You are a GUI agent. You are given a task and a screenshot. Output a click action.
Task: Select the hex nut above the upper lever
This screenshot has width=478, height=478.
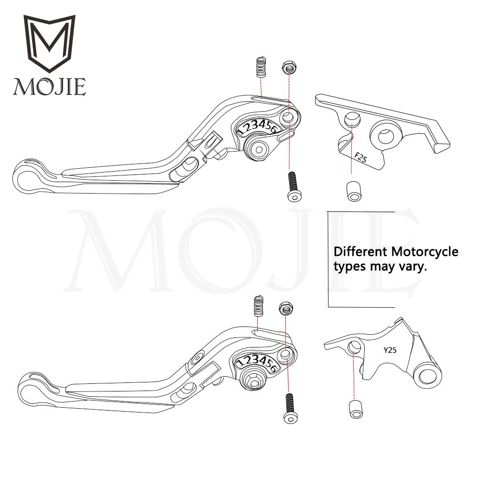pos(288,66)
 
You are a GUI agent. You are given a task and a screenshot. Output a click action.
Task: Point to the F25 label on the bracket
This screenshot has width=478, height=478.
pos(360,157)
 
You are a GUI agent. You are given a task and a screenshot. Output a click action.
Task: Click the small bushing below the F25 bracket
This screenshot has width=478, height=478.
pos(352,190)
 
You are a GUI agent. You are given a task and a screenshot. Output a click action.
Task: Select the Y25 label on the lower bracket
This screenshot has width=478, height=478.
pos(390,349)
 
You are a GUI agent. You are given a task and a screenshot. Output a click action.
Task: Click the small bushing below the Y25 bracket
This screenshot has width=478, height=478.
pos(355,409)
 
